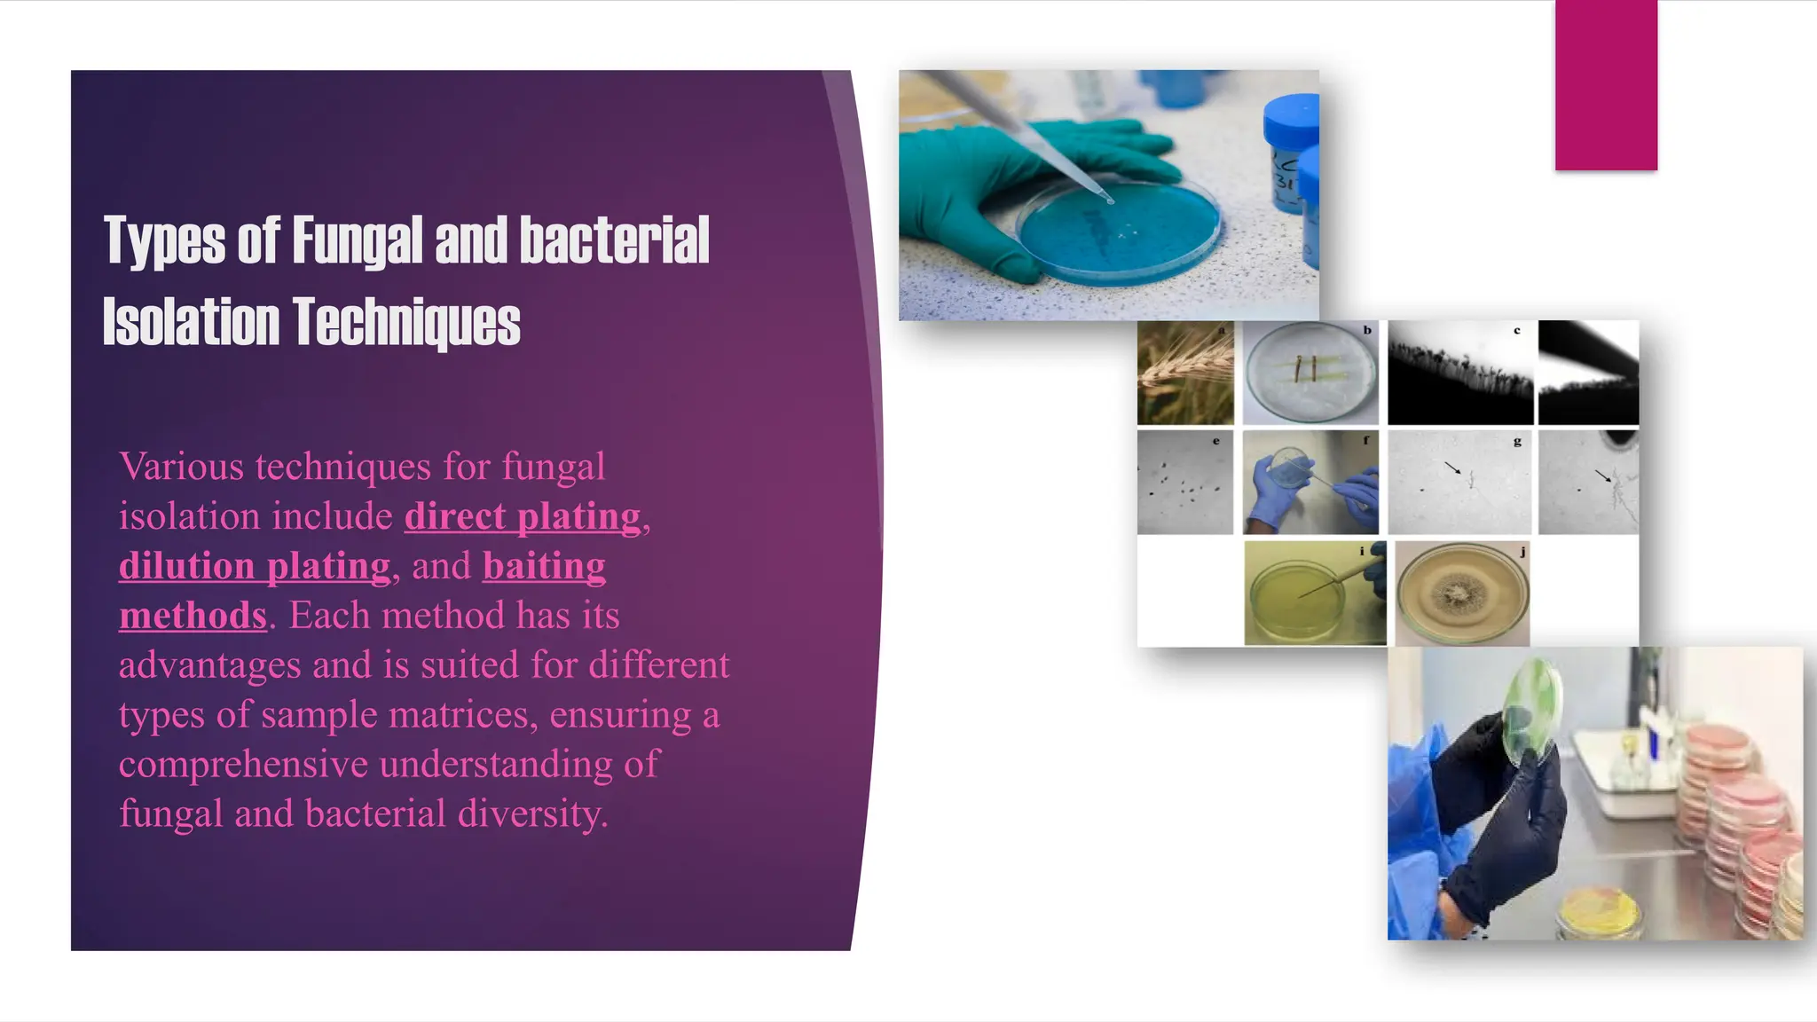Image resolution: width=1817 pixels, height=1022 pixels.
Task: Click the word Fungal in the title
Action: click(358, 240)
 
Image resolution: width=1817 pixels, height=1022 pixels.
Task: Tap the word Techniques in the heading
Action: click(406, 322)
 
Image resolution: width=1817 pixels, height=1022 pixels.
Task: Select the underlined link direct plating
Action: click(523, 516)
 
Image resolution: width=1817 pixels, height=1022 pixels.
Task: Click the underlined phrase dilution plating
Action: click(255, 566)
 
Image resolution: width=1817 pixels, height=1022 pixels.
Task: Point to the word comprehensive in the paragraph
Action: click(243, 764)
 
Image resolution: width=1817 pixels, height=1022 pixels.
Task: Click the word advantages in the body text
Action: click(210, 664)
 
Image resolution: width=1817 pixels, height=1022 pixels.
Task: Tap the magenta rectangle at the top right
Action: click(1606, 85)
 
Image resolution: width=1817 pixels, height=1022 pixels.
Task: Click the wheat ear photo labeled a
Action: click(1185, 373)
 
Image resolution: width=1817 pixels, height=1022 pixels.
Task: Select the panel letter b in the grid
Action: click(1367, 330)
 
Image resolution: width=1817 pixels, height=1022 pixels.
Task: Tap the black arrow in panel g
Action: click(1452, 468)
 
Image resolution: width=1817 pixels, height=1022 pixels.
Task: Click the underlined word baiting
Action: click(544, 566)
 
